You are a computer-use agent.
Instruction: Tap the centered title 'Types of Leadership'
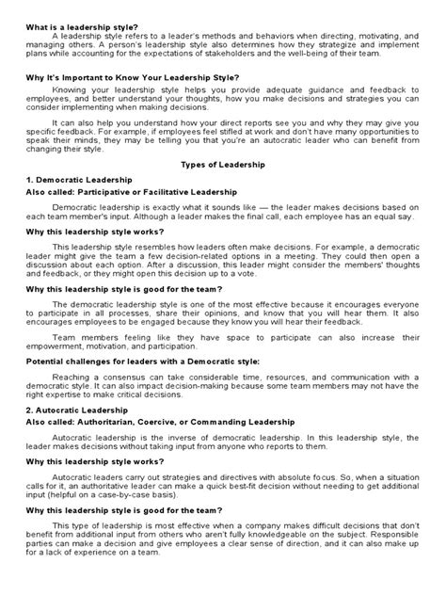point(223,164)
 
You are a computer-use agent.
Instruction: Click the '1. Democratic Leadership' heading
point(78,178)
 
